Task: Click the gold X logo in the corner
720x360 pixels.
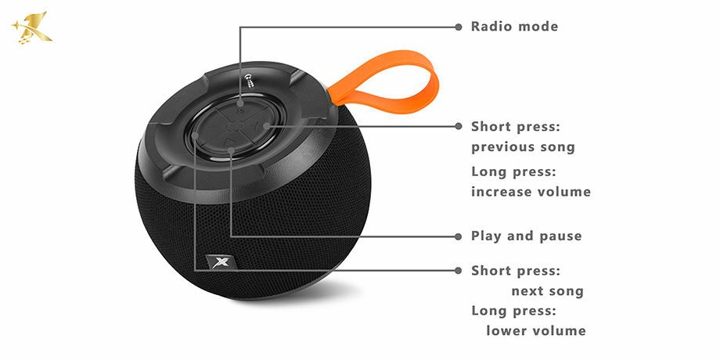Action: pos(32,28)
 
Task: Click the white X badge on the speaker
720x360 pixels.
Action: pos(221,261)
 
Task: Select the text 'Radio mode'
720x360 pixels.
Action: pos(514,27)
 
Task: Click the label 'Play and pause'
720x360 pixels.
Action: pos(526,236)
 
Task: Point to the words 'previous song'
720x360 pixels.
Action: pos(523,147)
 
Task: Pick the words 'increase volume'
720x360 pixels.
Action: pos(531,192)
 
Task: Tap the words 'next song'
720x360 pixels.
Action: pos(547,291)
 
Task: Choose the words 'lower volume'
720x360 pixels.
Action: pos(536,330)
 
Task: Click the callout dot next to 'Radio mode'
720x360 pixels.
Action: pos(459,27)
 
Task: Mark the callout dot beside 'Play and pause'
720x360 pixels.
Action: pos(459,236)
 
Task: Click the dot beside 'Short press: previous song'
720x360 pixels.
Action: pos(459,126)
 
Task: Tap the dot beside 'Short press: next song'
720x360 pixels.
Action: pos(459,271)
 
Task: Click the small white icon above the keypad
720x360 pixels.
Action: pos(249,81)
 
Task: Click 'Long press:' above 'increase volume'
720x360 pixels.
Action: pos(514,172)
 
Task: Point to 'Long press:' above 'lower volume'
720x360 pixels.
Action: pos(514,311)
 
